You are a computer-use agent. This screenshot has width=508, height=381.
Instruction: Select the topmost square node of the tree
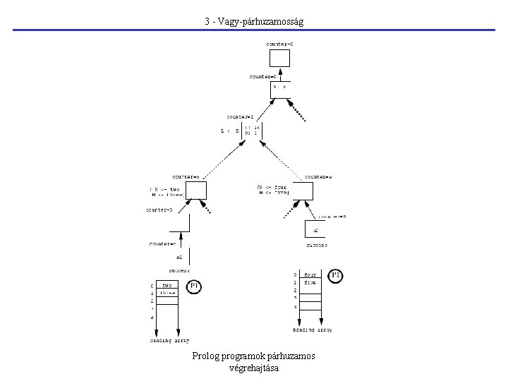point(280,58)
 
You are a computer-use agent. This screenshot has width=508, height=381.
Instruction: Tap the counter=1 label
point(241,116)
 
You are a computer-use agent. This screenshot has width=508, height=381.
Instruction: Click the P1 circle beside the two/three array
point(196,287)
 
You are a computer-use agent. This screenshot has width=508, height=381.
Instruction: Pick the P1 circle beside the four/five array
point(336,275)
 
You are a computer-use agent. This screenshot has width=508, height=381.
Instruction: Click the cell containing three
point(167,293)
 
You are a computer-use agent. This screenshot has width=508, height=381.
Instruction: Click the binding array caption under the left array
point(169,340)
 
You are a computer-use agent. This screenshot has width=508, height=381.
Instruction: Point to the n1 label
point(179,258)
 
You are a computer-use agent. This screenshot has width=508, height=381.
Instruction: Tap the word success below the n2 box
point(316,246)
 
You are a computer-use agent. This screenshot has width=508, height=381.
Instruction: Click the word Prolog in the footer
point(205,356)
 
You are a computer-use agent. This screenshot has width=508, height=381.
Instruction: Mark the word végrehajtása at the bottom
point(254,368)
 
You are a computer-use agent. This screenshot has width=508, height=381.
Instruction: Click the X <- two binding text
point(165,190)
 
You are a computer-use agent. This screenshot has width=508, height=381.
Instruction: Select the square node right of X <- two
point(196,190)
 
